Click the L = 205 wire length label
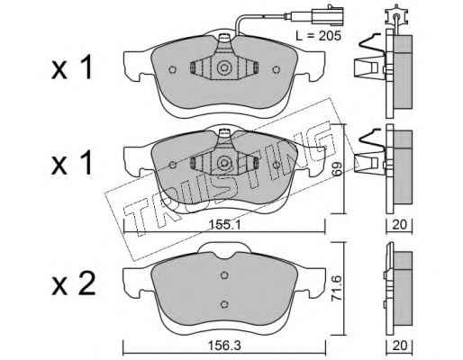pyautogui.click(x=318, y=36)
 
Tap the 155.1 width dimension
pyautogui.click(x=223, y=224)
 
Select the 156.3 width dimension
pyautogui.click(x=224, y=346)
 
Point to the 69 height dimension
pyautogui.click(x=337, y=169)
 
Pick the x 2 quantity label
pyautogui.click(x=74, y=283)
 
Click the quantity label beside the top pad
pyautogui.click(x=72, y=68)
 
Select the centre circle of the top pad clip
pyautogui.click(x=224, y=67)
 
